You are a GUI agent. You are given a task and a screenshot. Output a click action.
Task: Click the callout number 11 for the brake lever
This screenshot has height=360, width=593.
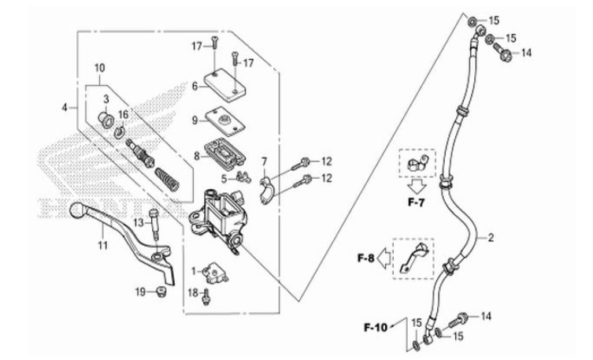[x=102, y=245]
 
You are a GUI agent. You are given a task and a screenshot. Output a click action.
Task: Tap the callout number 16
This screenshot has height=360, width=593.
[x=122, y=114]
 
